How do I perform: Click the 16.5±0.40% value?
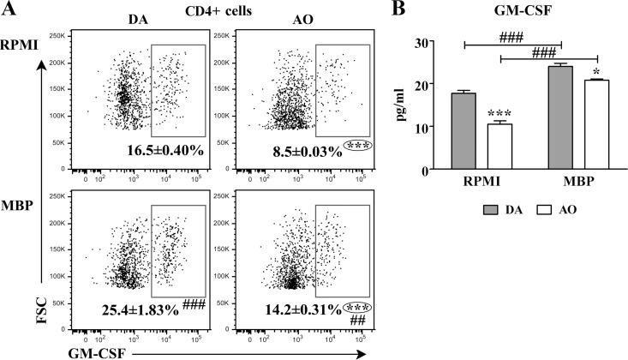(158, 151)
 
